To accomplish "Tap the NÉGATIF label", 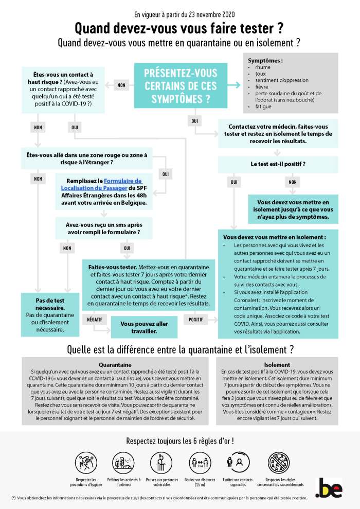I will click(x=94, y=319).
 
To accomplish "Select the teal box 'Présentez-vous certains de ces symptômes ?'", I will click(x=181, y=85).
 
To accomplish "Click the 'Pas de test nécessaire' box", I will click(x=46, y=314).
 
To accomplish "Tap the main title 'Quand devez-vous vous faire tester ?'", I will click(x=179, y=27).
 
